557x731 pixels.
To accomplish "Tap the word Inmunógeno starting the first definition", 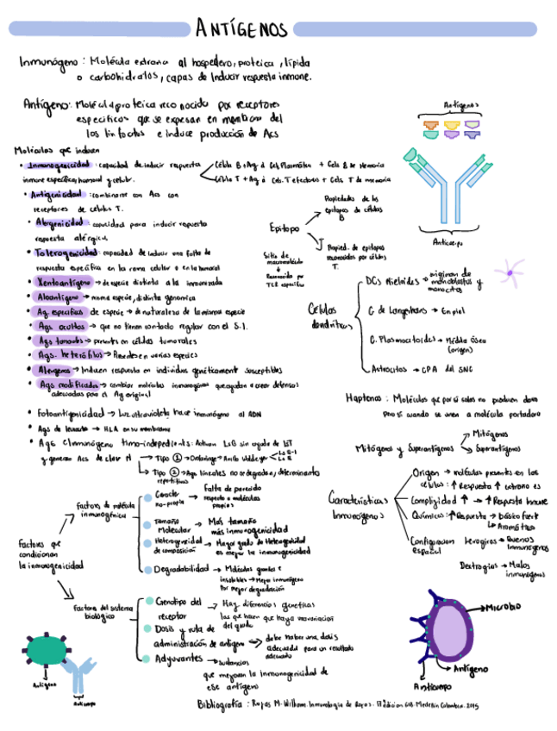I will click(49, 63).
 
